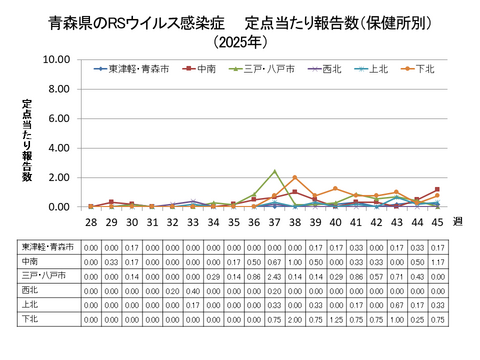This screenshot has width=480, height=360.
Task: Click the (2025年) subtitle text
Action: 240,42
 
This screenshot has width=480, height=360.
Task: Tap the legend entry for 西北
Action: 325,69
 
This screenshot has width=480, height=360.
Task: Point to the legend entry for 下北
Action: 419,69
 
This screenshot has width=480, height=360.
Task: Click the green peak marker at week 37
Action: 274,171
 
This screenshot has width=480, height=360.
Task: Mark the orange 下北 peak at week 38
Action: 294,178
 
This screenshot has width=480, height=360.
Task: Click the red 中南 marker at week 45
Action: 437,190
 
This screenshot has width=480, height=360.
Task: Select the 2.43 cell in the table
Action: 274,273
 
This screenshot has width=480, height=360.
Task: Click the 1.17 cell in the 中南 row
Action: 437,259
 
